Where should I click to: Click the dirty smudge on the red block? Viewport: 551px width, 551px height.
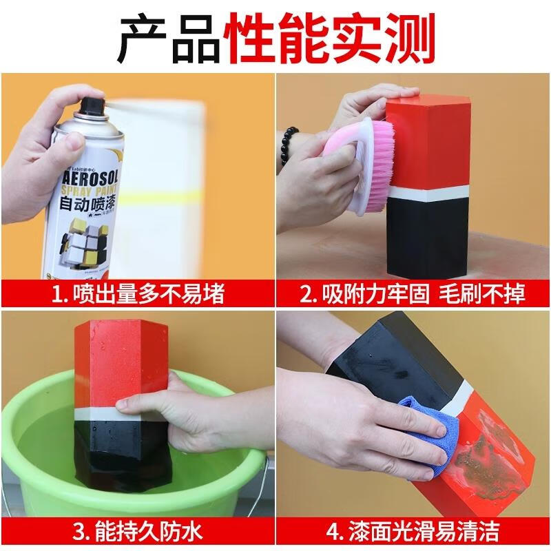(x=481, y=455)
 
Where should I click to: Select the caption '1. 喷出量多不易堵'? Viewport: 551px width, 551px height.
(x=138, y=294)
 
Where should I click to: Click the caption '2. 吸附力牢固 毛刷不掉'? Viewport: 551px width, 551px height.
(x=413, y=294)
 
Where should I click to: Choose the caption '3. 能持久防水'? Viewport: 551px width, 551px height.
(x=138, y=532)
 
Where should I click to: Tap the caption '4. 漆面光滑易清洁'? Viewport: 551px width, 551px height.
(x=413, y=532)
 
